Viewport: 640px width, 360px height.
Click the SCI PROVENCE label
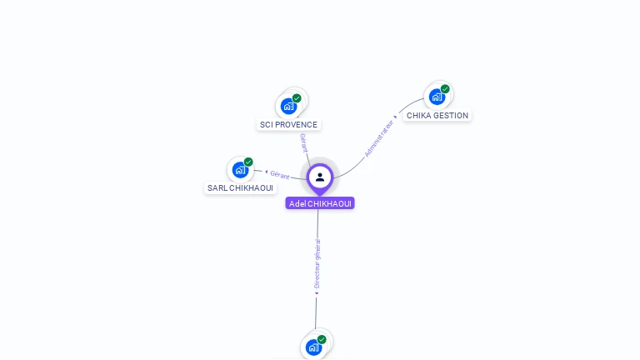288,124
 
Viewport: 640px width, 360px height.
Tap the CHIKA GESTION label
437,116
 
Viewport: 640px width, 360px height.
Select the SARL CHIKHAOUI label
240,187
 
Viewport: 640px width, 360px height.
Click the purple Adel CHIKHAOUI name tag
320,203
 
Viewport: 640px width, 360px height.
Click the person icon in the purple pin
320,177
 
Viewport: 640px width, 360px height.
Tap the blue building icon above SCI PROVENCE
288,107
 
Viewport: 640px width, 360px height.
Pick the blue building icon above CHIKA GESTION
437,97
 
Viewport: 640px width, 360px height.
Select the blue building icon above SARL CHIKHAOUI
240,170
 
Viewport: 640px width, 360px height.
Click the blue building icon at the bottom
313,347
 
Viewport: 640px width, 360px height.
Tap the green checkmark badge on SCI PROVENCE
297,98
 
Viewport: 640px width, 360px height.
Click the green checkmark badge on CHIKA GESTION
445,89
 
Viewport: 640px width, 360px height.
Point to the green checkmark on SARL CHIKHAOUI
248,162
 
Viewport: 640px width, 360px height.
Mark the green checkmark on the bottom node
322,340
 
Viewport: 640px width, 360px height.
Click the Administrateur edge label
379,138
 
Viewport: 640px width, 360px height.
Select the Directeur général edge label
317,264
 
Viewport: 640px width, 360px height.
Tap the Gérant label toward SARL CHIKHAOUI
280,175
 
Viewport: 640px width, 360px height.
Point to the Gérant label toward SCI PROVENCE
303,142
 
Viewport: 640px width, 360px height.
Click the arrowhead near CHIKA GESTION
395,117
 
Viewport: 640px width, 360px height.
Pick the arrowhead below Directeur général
317,293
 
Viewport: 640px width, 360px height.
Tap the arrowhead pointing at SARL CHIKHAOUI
267,172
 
